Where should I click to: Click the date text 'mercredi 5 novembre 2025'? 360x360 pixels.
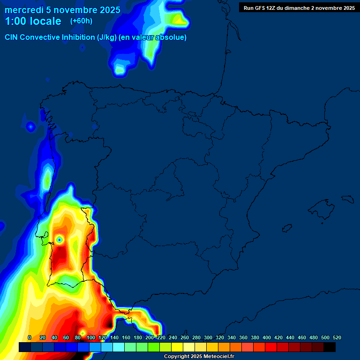click(62, 10)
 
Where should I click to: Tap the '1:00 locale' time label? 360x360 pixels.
click(33, 21)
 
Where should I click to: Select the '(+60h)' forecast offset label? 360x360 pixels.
click(81, 21)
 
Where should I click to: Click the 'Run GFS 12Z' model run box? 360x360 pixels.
click(299, 8)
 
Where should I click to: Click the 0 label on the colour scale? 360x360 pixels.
click(30, 337)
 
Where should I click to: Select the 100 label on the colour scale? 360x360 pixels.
click(91, 337)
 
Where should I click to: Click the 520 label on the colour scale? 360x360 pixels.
click(337, 337)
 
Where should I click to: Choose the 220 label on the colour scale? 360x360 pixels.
click(161, 337)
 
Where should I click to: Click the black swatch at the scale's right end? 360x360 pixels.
click(330, 347)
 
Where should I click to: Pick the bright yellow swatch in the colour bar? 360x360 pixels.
click(177, 347)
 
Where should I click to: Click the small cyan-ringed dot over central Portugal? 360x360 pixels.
click(60, 240)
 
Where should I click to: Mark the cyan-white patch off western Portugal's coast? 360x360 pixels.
click(47, 179)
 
